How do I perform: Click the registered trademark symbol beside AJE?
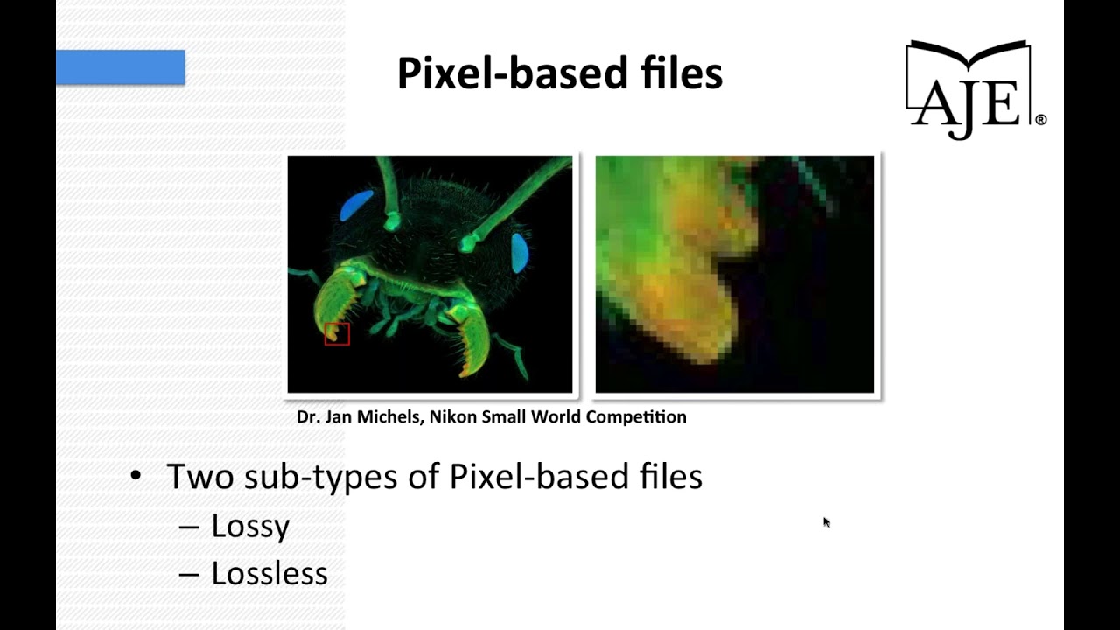tap(1040, 119)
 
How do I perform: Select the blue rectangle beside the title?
tap(121, 67)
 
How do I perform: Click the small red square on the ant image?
tap(337, 333)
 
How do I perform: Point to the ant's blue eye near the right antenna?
tap(519, 252)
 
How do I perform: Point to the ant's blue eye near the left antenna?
tap(356, 206)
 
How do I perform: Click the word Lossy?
tap(250, 526)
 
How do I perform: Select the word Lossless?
tap(269, 574)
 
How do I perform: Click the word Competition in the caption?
tap(636, 416)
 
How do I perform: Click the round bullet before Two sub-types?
tap(135, 476)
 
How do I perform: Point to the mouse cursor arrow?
tap(826, 521)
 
